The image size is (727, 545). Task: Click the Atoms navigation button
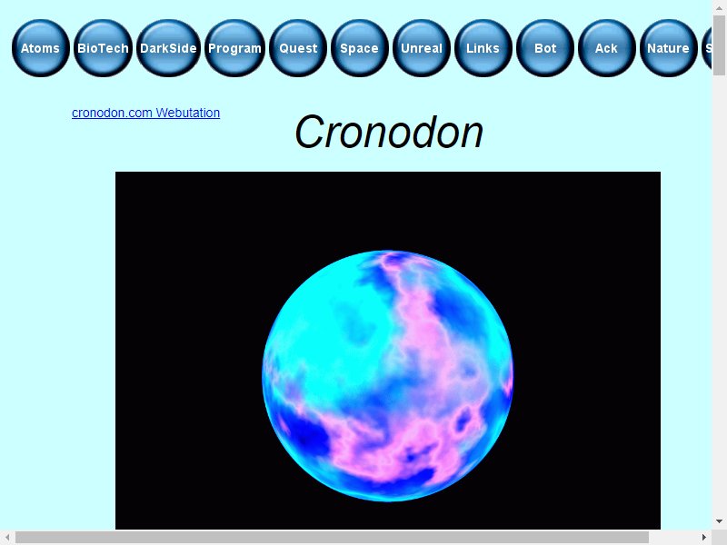click(x=41, y=48)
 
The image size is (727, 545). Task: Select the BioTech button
click(x=103, y=48)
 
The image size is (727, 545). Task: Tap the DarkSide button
click(x=169, y=48)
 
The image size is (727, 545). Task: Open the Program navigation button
click(x=235, y=48)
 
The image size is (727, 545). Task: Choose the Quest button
click(x=298, y=48)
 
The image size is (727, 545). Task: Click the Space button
click(x=360, y=48)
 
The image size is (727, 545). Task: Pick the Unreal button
click(x=422, y=48)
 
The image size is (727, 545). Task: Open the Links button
click(x=483, y=48)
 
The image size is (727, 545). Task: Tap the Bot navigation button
click(x=545, y=48)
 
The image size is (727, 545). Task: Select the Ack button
click(x=607, y=48)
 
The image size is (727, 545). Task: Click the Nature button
click(x=669, y=48)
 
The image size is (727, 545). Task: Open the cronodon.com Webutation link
click(x=145, y=113)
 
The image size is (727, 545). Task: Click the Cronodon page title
click(x=389, y=132)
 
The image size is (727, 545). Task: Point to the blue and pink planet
click(x=388, y=376)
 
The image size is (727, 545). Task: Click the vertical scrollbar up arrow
click(x=720, y=7)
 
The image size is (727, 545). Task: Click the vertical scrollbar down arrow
click(x=720, y=522)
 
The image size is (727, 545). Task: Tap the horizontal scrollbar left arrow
click(x=7, y=538)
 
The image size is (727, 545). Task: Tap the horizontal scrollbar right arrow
click(x=704, y=538)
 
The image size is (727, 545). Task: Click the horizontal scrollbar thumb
click(x=332, y=538)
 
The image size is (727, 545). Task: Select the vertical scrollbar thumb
click(x=720, y=45)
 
